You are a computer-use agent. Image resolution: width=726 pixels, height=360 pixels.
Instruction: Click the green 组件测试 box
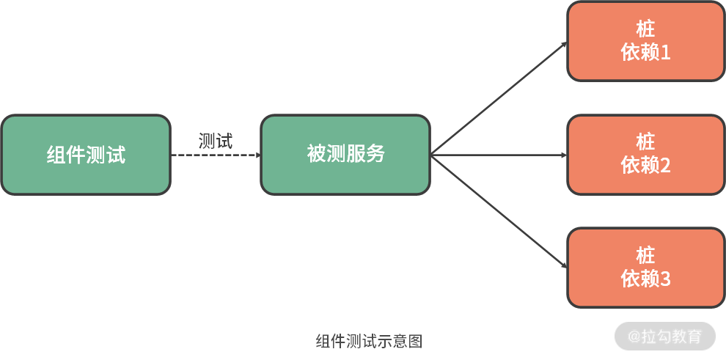pyautogui.click(x=86, y=155)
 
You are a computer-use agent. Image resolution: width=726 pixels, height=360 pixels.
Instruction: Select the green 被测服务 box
pyautogui.click(x=345, y=155)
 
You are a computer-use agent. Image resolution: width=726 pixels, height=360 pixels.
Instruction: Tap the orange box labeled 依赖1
pyautogui.click(x=645, y=41)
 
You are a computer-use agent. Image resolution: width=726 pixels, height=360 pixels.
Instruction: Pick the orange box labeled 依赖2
pyautogui.click(x=645, y=155)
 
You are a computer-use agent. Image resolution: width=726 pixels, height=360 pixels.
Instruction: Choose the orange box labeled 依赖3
pyautogui.click(x=645, y=268)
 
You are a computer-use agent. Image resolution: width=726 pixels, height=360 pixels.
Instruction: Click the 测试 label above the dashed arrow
pyautogui.click(x=216, y=142)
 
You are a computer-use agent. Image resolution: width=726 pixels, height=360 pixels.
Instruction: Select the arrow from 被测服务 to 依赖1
pyautogui.click(x=499, y=98)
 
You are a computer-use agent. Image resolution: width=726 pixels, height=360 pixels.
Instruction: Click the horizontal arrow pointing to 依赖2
pyautogui.click(x=499, y=155)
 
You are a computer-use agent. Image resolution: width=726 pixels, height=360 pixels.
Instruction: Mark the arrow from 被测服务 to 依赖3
pyautogui.click(x=499, y=212)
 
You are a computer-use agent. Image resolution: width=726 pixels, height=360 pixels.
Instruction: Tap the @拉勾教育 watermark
pyautogui.click(x=665, y=337)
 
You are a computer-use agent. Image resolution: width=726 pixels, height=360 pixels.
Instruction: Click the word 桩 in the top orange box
pyautogui.click(x=645, y=29)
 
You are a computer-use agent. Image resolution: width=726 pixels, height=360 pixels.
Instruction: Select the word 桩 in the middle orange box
pyautogui.click(x=645, y=142)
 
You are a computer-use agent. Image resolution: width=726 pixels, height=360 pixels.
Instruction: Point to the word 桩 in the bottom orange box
pyautogui.click(x=645, y=256)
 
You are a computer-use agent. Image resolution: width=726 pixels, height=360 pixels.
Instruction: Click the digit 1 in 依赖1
pyautogui.click(x=665, y=53)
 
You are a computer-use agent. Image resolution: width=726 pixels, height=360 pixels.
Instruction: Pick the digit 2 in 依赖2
pyautogui.click(x=665, y=166)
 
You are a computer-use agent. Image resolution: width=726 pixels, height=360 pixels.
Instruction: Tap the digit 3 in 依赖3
pyautogui.click(x=665, y=279)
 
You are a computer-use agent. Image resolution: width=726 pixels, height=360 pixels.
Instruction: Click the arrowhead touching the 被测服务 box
pyautogui.click(x=257, y=155)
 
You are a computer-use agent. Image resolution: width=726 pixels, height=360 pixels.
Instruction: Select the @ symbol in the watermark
pyautogui.click(x=635, y=337)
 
